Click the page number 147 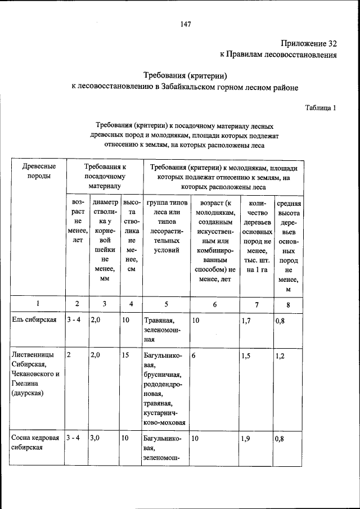coord(186,24)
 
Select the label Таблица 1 coord(321,107)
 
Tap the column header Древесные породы coord(38,171)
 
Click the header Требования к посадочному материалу coord(105,175)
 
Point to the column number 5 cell coord(166,304)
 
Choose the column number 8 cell coord(288,304)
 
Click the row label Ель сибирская coord(34,320)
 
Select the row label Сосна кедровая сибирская coord(34,443)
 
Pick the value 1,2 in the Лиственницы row coord(281,356)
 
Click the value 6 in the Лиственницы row coord(193,355)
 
